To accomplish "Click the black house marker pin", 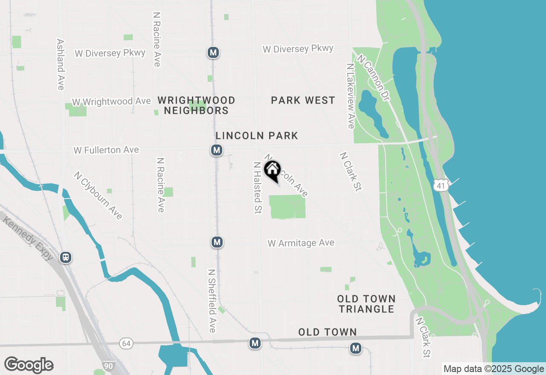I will coord(273,170).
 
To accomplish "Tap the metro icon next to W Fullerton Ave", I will coord(217,150).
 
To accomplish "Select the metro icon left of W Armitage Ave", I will coord(217,242).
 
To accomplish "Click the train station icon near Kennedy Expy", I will coord(66,257).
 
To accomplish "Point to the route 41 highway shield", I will coord(441,185).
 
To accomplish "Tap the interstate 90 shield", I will coord(108,366).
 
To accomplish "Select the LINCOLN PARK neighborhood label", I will coord(257,136).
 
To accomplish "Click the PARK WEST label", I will coord(303,100).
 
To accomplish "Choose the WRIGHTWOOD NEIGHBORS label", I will coord(196,105).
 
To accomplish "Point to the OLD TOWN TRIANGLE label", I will coord(366,304).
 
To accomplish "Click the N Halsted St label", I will coord(257,187).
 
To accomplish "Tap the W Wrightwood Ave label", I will coord(111,101).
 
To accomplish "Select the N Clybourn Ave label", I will coord(98,195).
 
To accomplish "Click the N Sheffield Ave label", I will coord(212,300).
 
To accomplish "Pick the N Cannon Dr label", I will coord(374,78).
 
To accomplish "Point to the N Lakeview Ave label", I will coord(350,96).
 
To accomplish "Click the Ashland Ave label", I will coord(60,65).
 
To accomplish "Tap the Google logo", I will coord(29,365).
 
